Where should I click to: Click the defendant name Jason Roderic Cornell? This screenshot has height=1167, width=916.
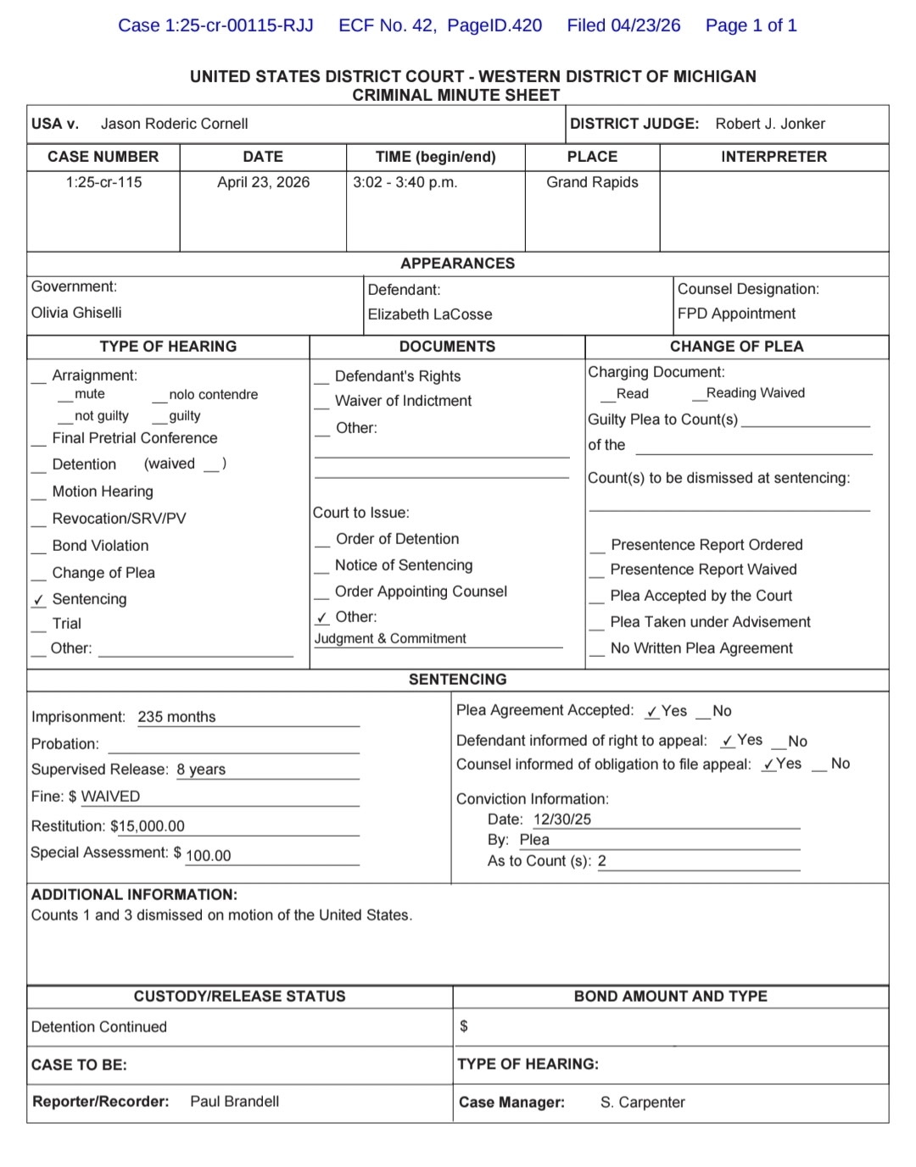[174, 124]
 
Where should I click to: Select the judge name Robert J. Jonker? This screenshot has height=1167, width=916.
[769, 124]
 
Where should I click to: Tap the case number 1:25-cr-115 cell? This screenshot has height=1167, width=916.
[103, 182]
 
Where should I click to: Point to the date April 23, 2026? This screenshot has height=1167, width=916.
[263, 182]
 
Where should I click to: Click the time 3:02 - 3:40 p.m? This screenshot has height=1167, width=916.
[405, 182]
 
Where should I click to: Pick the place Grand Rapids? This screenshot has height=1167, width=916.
[592, 182]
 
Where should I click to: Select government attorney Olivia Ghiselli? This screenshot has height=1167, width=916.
[76, 313]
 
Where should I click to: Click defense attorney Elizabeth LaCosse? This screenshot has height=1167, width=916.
[429, 314]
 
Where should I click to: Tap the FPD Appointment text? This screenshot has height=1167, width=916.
[736, 314]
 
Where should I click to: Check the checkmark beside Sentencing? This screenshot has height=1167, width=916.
[38, 600]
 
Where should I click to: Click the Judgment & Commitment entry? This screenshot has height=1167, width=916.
[390, 639]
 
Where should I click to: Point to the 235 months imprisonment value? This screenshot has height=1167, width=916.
[176, 717]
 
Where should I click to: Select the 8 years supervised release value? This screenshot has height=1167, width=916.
[201, 770]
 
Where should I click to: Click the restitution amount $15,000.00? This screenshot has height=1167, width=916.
[148, 826]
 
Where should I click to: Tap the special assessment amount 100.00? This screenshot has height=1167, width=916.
[208, 856]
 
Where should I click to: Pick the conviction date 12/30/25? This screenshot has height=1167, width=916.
[561, 820]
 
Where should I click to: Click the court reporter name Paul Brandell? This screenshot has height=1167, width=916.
[234, 1102]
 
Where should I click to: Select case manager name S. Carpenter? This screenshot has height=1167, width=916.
[642, 1103]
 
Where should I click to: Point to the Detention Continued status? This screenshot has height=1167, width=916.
[99, 1027]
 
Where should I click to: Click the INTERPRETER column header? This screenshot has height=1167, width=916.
[774, 157]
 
